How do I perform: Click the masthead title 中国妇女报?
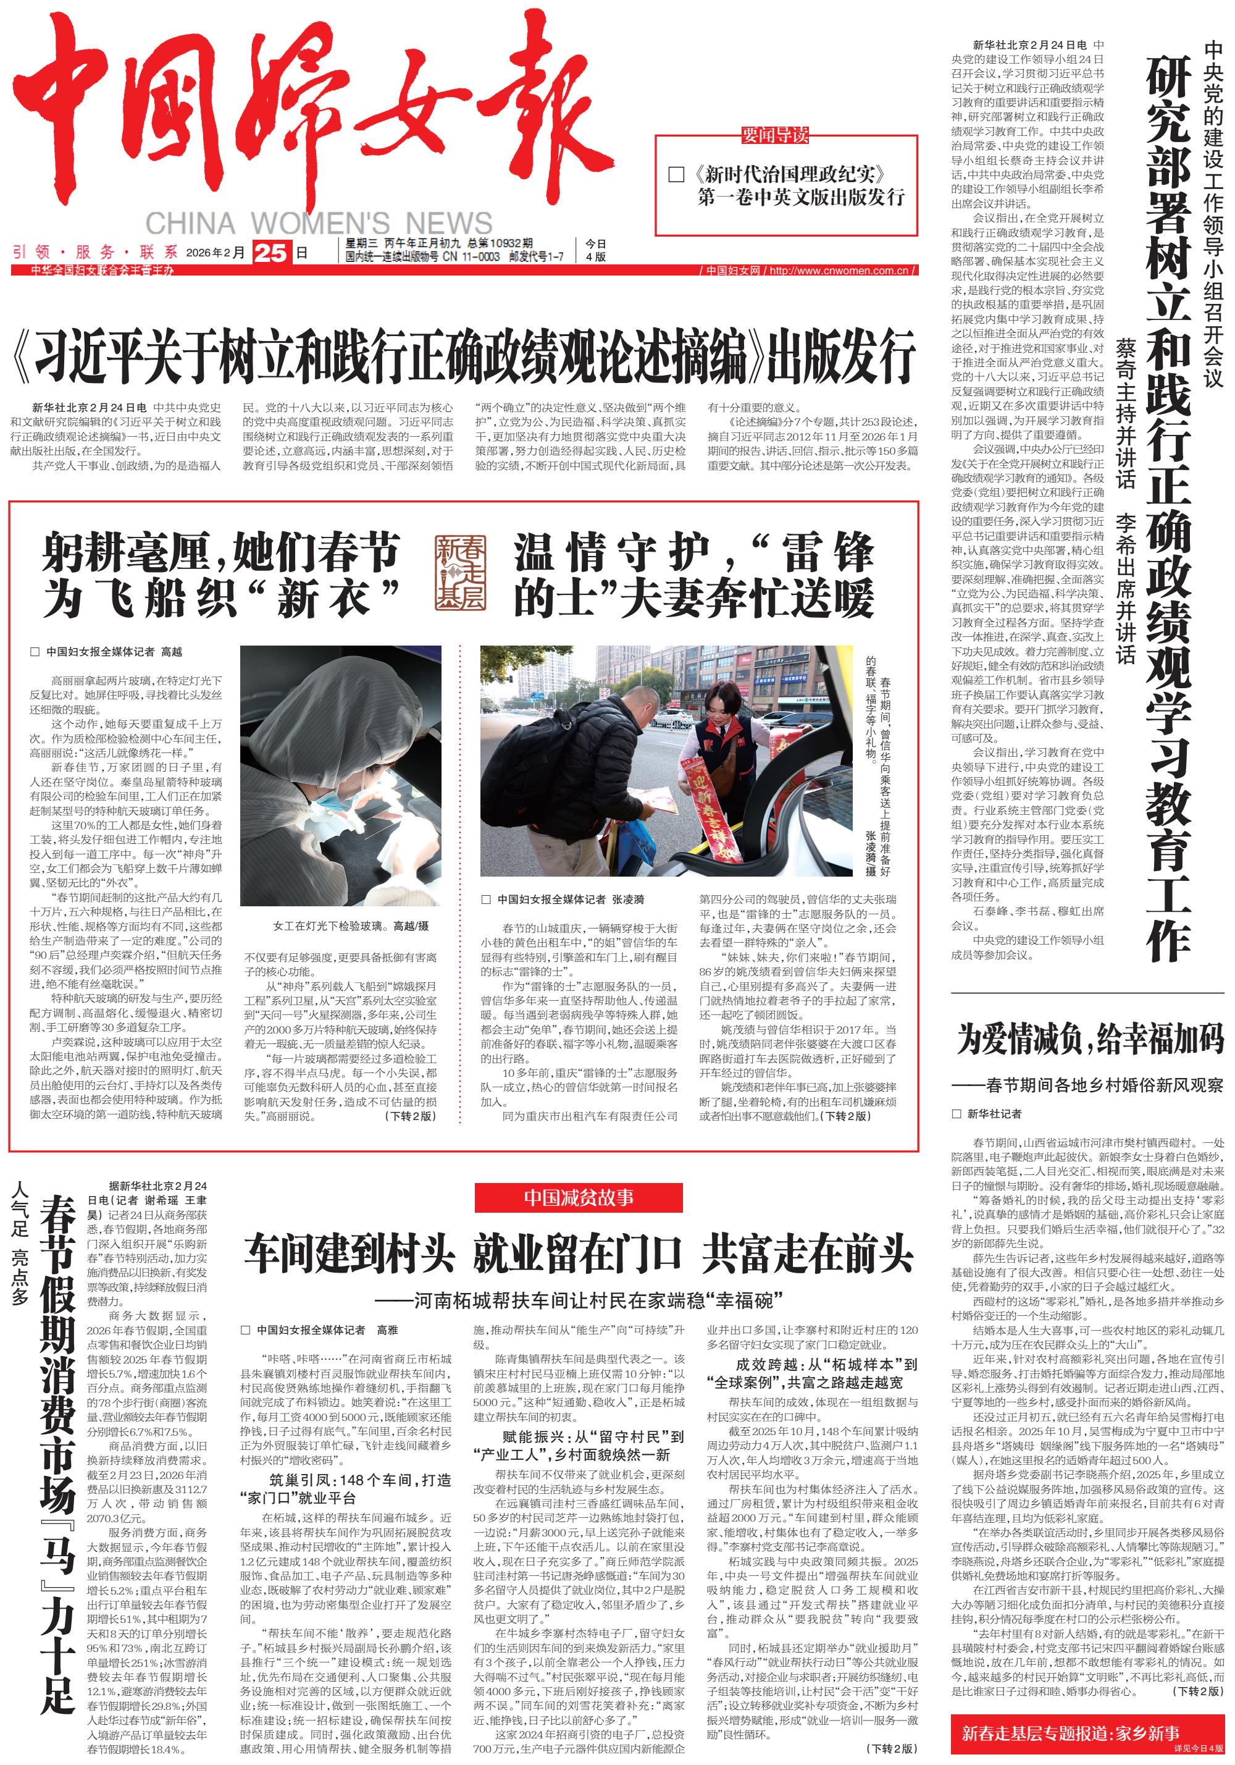point(308,116)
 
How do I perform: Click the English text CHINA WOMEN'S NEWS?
point(318,224)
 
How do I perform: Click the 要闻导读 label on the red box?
point(775,135)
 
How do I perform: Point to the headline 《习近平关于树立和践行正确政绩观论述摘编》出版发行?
point(463,356)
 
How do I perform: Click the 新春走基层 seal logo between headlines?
point(460,573)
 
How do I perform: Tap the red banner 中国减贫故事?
point(579,1197)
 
